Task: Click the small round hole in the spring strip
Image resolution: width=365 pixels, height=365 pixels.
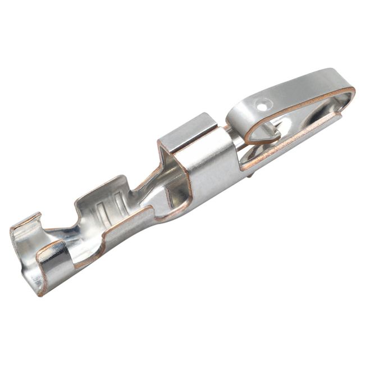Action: point(262,104)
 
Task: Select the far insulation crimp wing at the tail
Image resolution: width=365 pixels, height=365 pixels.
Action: point(25,222)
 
